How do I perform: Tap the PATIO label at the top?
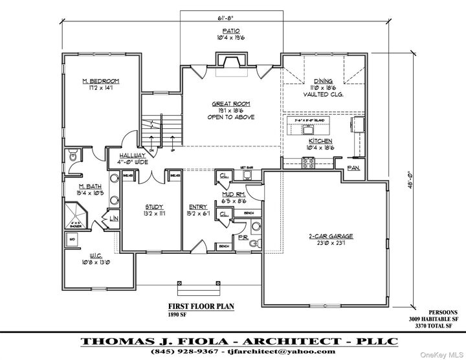(x=231, y=31)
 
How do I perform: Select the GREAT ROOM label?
(x=231, y=104)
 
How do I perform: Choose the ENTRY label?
(x=198, y=207)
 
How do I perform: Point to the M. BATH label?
(x=87, y=186)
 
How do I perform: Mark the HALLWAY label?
(x=132, y=156)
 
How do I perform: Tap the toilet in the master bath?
(x=73, y=156)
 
